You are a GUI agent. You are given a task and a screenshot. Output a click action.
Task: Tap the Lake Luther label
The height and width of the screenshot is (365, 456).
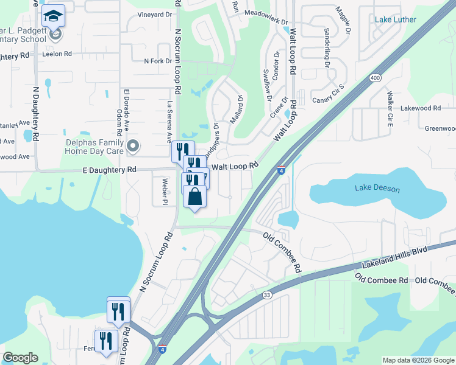[x=396, y=19]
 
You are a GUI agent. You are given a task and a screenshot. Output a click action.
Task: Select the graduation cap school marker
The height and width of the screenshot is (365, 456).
[x=54, y=16]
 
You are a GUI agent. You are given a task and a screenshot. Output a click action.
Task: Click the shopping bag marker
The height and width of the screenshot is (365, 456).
[x=194, y=196]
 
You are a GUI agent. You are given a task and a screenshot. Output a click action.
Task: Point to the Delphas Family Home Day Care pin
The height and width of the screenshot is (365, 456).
[x=134, y=145]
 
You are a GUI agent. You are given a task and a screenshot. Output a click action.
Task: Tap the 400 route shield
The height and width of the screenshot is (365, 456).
[x=375, y=78]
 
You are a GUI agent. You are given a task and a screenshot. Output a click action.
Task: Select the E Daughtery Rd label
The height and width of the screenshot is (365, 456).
[x=109, y=170]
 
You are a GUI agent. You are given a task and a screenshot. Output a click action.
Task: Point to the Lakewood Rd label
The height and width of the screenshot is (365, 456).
[x=420, y=108]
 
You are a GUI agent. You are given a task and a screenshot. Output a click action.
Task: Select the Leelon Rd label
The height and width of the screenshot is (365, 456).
[x=57, y=54]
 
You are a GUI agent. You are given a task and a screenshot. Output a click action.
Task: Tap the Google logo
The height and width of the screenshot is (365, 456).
[x=20, y=357]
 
